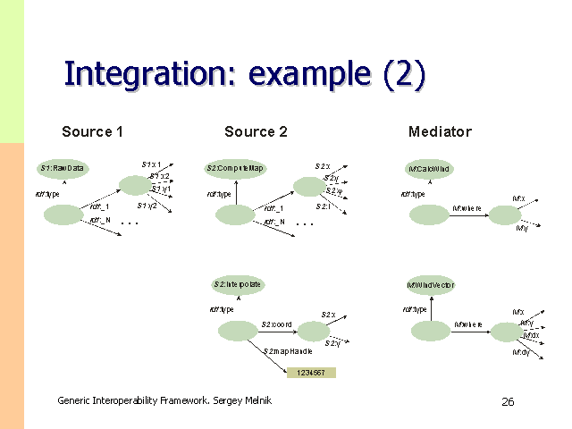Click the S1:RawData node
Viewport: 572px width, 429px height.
62,168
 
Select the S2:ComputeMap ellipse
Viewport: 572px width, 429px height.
236,168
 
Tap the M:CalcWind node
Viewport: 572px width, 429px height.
430,169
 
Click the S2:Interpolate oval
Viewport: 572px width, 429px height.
237,284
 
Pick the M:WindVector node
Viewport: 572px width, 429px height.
431,285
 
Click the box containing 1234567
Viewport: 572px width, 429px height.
311,372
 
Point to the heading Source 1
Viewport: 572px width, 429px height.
92,132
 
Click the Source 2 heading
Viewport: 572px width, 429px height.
256,132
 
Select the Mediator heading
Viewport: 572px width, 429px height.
440,132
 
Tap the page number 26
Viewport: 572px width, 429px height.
508,402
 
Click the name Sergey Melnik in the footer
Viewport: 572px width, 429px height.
241,400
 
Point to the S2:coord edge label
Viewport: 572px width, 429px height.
276,324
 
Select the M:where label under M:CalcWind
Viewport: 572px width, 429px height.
467,207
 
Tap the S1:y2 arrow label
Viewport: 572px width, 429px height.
147,206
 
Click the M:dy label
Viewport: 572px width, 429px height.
520,352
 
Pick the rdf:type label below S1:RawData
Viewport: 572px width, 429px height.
47,193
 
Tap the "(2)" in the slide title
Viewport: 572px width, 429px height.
403,73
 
